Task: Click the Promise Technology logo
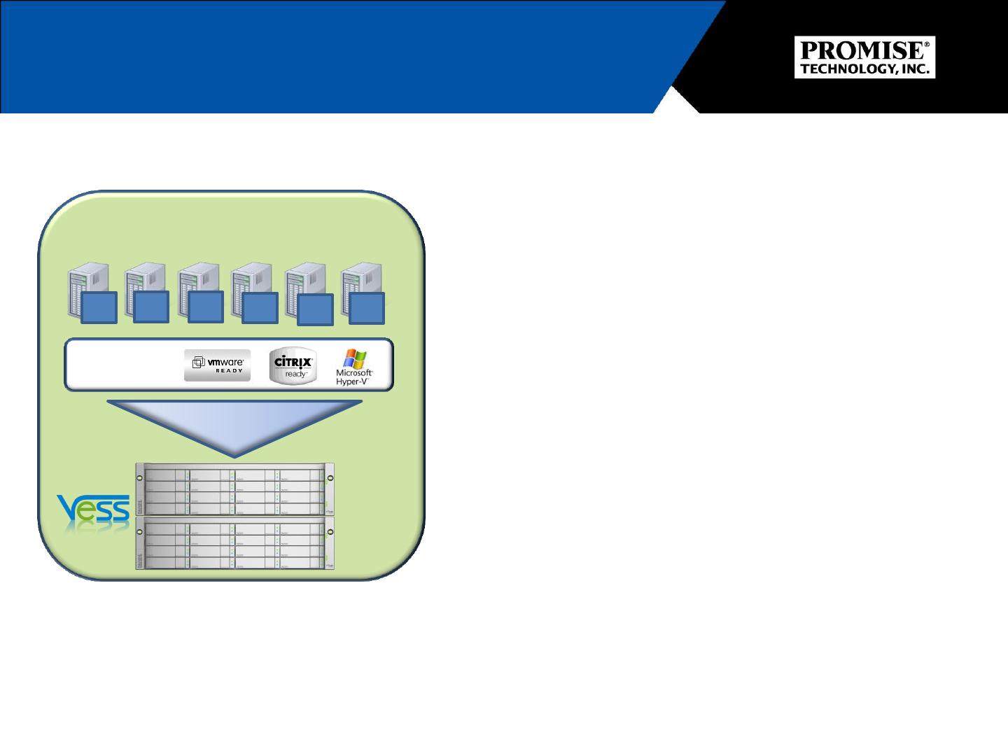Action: pos(864,57)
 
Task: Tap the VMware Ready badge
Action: pos(217,365)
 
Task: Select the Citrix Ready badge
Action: pos(293,365)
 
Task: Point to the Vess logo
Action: pos(94,511)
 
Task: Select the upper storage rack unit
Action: pos(234,489)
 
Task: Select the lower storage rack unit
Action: pos(234,543)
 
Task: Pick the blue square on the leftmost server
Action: pos(99,308)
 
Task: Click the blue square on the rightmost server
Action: pos(367,308)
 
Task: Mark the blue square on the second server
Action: pos(151,307)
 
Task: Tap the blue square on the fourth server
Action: pos(260,308)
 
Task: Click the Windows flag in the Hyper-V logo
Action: pos(356,358)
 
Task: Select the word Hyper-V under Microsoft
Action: pos(352,382)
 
